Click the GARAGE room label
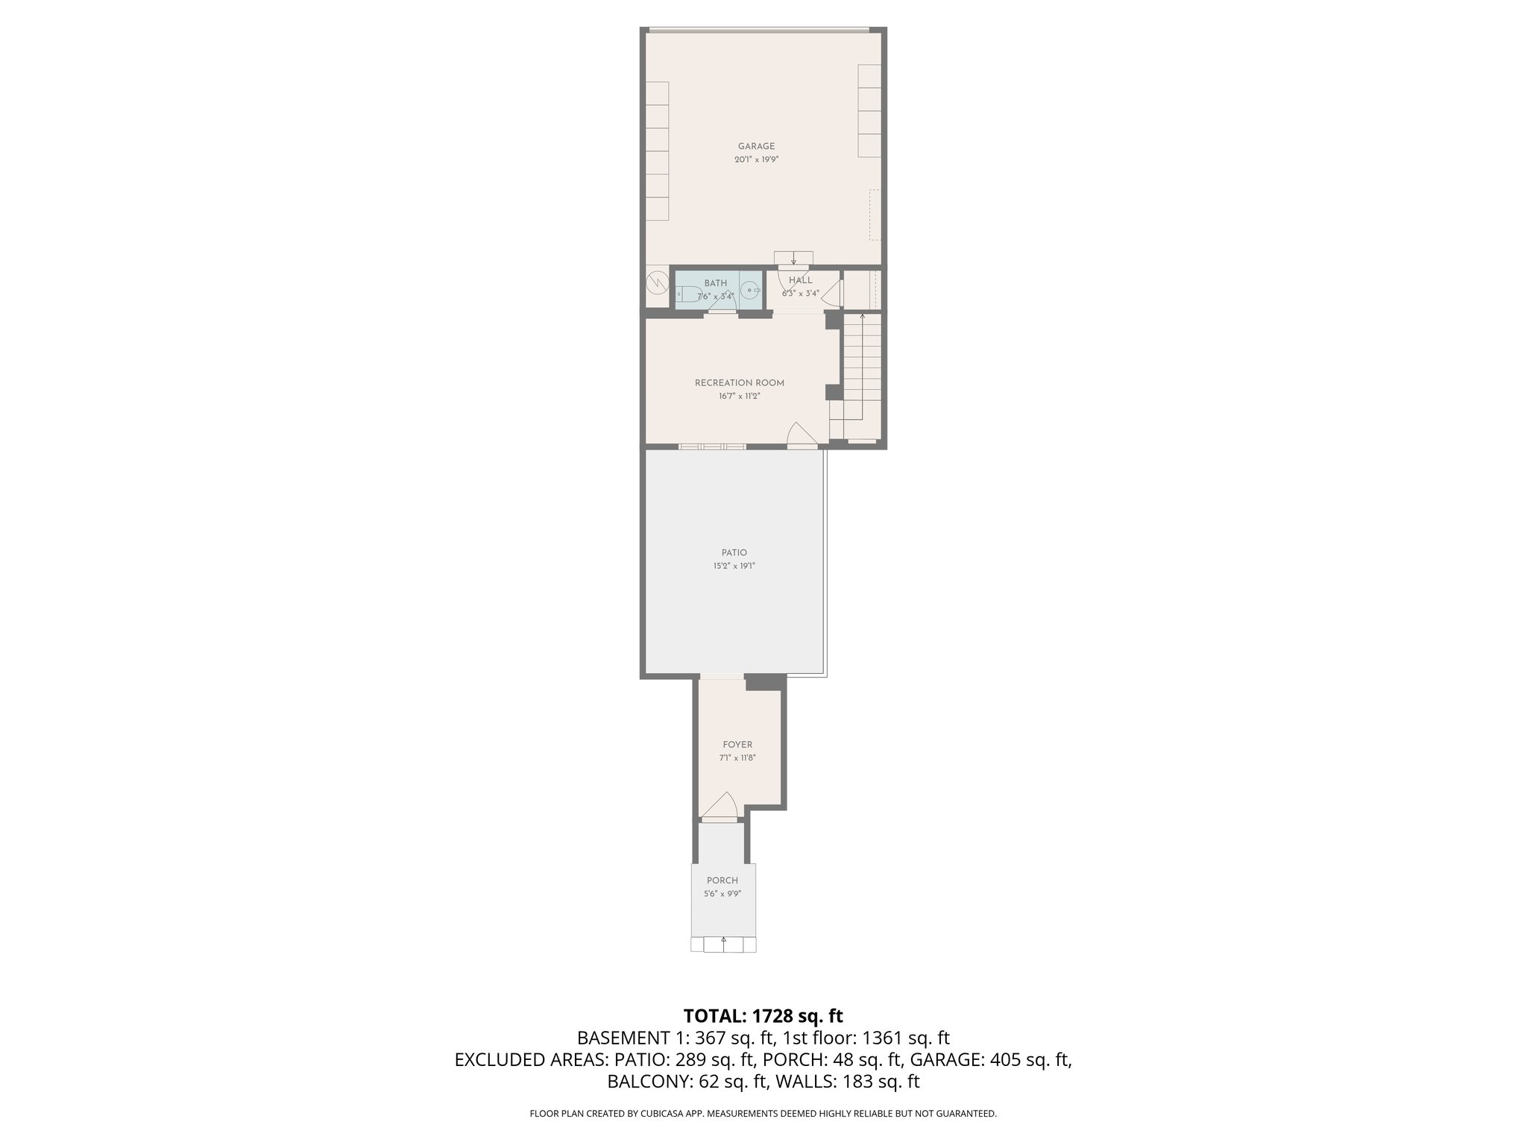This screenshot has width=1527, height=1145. click(756, 146)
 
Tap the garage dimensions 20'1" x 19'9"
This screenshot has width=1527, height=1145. click(756, 160)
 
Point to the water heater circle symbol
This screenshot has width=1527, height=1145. click(658, 283)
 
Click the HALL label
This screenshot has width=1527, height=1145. click(800, 280)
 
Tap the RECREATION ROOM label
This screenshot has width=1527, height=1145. click(739, 383)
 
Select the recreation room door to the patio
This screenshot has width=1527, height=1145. click(802, 435)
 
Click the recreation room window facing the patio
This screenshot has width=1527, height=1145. click(711, 447)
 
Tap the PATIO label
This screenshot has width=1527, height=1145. click(734, 553)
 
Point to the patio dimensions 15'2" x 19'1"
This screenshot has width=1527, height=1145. click(734, 566)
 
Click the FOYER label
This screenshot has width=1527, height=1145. click(737, 745)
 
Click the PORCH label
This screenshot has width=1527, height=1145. click(722, 880)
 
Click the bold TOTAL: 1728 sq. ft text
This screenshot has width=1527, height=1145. click(763, 1015)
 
